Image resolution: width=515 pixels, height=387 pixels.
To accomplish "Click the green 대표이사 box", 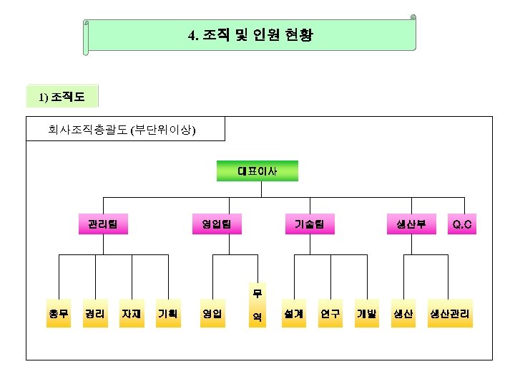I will click(257, 171).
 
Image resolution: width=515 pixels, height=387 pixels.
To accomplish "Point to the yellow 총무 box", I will click(59, 314).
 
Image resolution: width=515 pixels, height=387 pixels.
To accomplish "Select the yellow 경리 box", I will click(95, 314).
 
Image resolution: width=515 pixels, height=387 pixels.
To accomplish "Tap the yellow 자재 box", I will click(132, 314).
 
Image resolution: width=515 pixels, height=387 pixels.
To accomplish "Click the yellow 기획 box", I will click(168, 314).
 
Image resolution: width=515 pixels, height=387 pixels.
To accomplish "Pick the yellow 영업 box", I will click(212, 314).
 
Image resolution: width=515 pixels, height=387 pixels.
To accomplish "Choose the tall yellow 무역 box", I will click(257, 305).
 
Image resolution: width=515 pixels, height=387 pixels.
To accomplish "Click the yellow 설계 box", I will click(293, 314).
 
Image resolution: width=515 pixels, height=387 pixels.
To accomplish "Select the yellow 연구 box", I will click(330, 314).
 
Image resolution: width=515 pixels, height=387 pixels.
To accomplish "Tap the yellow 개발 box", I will click(367, 314).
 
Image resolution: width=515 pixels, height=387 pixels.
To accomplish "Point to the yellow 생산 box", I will click(403, 314).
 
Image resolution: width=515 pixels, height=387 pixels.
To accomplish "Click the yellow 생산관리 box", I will click(451, 314).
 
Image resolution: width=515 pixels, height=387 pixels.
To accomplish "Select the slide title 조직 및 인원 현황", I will click(250, 35).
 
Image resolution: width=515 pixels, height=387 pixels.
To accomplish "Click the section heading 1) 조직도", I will click(62, 96).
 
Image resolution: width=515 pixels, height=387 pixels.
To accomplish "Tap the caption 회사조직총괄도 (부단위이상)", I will click(122, 130).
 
